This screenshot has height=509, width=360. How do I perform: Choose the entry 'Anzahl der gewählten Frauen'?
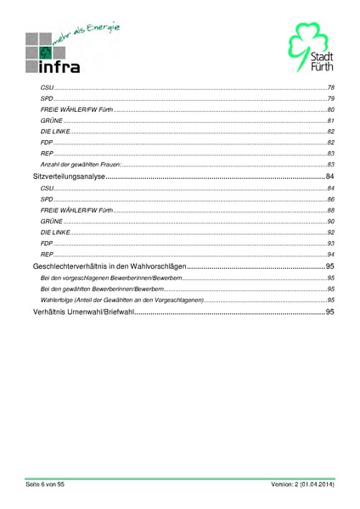[81, 164]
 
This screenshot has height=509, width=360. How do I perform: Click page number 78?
[331, 88]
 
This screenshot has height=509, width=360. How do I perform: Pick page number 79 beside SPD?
[331, 99]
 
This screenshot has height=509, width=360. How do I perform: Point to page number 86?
[331, 199]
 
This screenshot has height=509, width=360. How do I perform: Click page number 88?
[331, 210]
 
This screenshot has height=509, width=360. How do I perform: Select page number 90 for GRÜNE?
[331, 221]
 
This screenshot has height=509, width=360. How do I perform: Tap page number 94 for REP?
[331, 255]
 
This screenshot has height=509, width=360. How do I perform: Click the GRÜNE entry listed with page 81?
[51, 121]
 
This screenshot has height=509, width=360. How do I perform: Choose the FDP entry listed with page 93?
[47, 243]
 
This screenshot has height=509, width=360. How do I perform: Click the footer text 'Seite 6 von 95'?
[45, 484]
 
